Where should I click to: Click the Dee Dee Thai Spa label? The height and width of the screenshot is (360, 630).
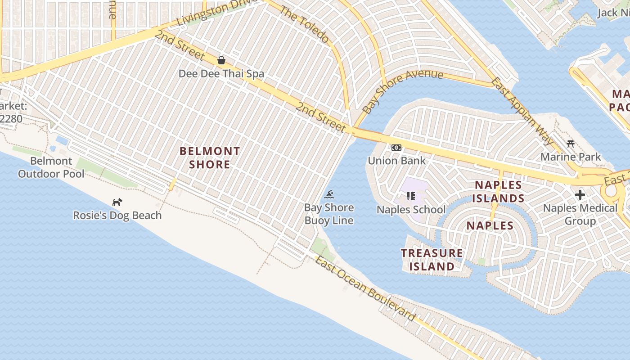point(221,73)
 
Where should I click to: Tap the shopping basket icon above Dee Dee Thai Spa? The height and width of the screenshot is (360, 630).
point(221,60)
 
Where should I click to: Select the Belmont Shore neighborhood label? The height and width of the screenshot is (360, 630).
point(210,157)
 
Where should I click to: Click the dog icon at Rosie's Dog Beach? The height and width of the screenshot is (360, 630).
point(117,202)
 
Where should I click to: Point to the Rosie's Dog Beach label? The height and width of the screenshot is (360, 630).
point(117,216)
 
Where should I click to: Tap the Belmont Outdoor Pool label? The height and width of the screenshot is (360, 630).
point(51,167)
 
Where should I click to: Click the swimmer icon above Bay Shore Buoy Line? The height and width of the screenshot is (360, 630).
point(329,194)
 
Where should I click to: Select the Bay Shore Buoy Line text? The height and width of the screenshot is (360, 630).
point(329,214)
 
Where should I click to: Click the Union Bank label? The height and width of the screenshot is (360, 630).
point(396,161)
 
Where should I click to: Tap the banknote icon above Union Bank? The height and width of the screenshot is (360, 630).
point(396,148)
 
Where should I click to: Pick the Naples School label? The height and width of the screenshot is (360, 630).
point(411,210)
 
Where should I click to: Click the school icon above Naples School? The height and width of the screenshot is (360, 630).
point(410,196)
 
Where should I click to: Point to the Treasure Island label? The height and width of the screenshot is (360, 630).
point(432,260)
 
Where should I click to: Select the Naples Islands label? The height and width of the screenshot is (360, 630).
point(499,191)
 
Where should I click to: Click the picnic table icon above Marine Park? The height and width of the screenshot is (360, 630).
point(571,144)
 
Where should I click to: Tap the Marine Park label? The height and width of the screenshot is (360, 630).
point(571,157)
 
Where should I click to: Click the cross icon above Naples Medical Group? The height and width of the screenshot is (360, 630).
point(580,195)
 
